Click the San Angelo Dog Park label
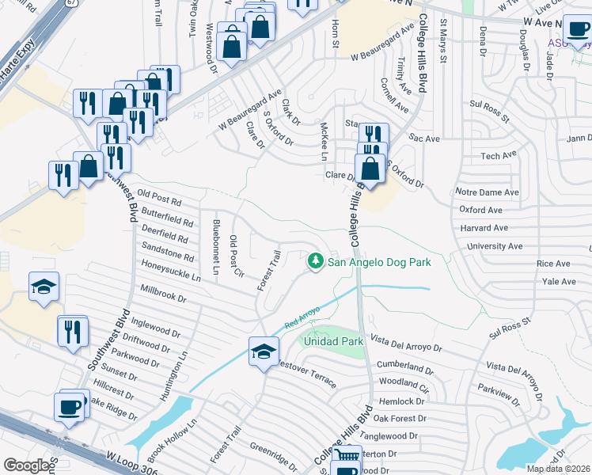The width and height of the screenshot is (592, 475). [x=379, y=261]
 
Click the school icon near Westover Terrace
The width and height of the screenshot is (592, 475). [x=264, y=351]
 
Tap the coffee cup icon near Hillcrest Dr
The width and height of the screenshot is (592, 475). [x=70, y=406]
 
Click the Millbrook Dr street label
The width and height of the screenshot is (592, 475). [x=162, y=294]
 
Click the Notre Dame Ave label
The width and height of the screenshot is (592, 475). [x=487, y=192]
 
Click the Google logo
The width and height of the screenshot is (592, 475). [x=26, y=465]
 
